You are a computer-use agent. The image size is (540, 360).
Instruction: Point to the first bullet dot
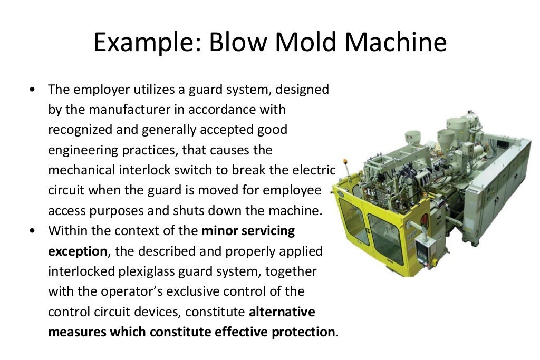[x=33, y=90]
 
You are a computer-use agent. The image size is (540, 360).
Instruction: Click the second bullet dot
[x=33, y=231]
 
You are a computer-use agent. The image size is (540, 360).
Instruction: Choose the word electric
[x=315, y=170]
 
